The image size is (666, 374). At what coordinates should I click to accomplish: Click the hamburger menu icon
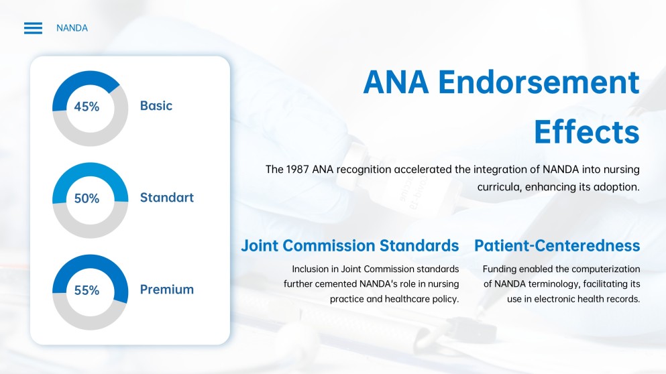point(33,28)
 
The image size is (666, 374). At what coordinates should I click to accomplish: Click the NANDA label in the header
point(72,28)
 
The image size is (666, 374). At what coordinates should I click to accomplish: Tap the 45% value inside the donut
point(87,107)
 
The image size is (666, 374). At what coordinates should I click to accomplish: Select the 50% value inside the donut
point(87,198)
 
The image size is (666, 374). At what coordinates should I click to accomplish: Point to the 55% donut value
point(87,290)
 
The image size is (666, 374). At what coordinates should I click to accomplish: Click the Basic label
point(156,106)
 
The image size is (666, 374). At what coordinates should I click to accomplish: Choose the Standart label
point(166,198)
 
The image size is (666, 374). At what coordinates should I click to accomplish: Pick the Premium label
point(166,290)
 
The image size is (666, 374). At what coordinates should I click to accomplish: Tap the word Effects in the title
point(586,132)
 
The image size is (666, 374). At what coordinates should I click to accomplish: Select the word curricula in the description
point(499,187)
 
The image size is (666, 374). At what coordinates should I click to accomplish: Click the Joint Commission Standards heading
point(349,246)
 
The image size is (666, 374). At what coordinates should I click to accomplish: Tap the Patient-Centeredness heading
point(557,246)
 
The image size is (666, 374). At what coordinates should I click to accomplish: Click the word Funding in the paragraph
point(500,269)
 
